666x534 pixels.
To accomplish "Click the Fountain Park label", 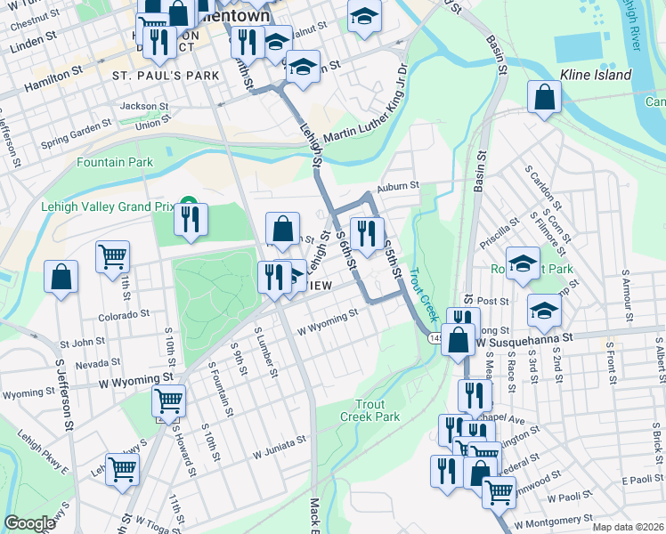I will [114, 162].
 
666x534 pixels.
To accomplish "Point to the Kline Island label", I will [595, 75].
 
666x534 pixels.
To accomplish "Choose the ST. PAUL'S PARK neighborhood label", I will [166, 76].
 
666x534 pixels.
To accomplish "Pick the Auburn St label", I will [397, 186].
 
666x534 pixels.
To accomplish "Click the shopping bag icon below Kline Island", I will [544, 100].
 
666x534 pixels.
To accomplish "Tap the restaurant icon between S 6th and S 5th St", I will [367, 234].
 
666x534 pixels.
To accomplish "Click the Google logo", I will [29, 523].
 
